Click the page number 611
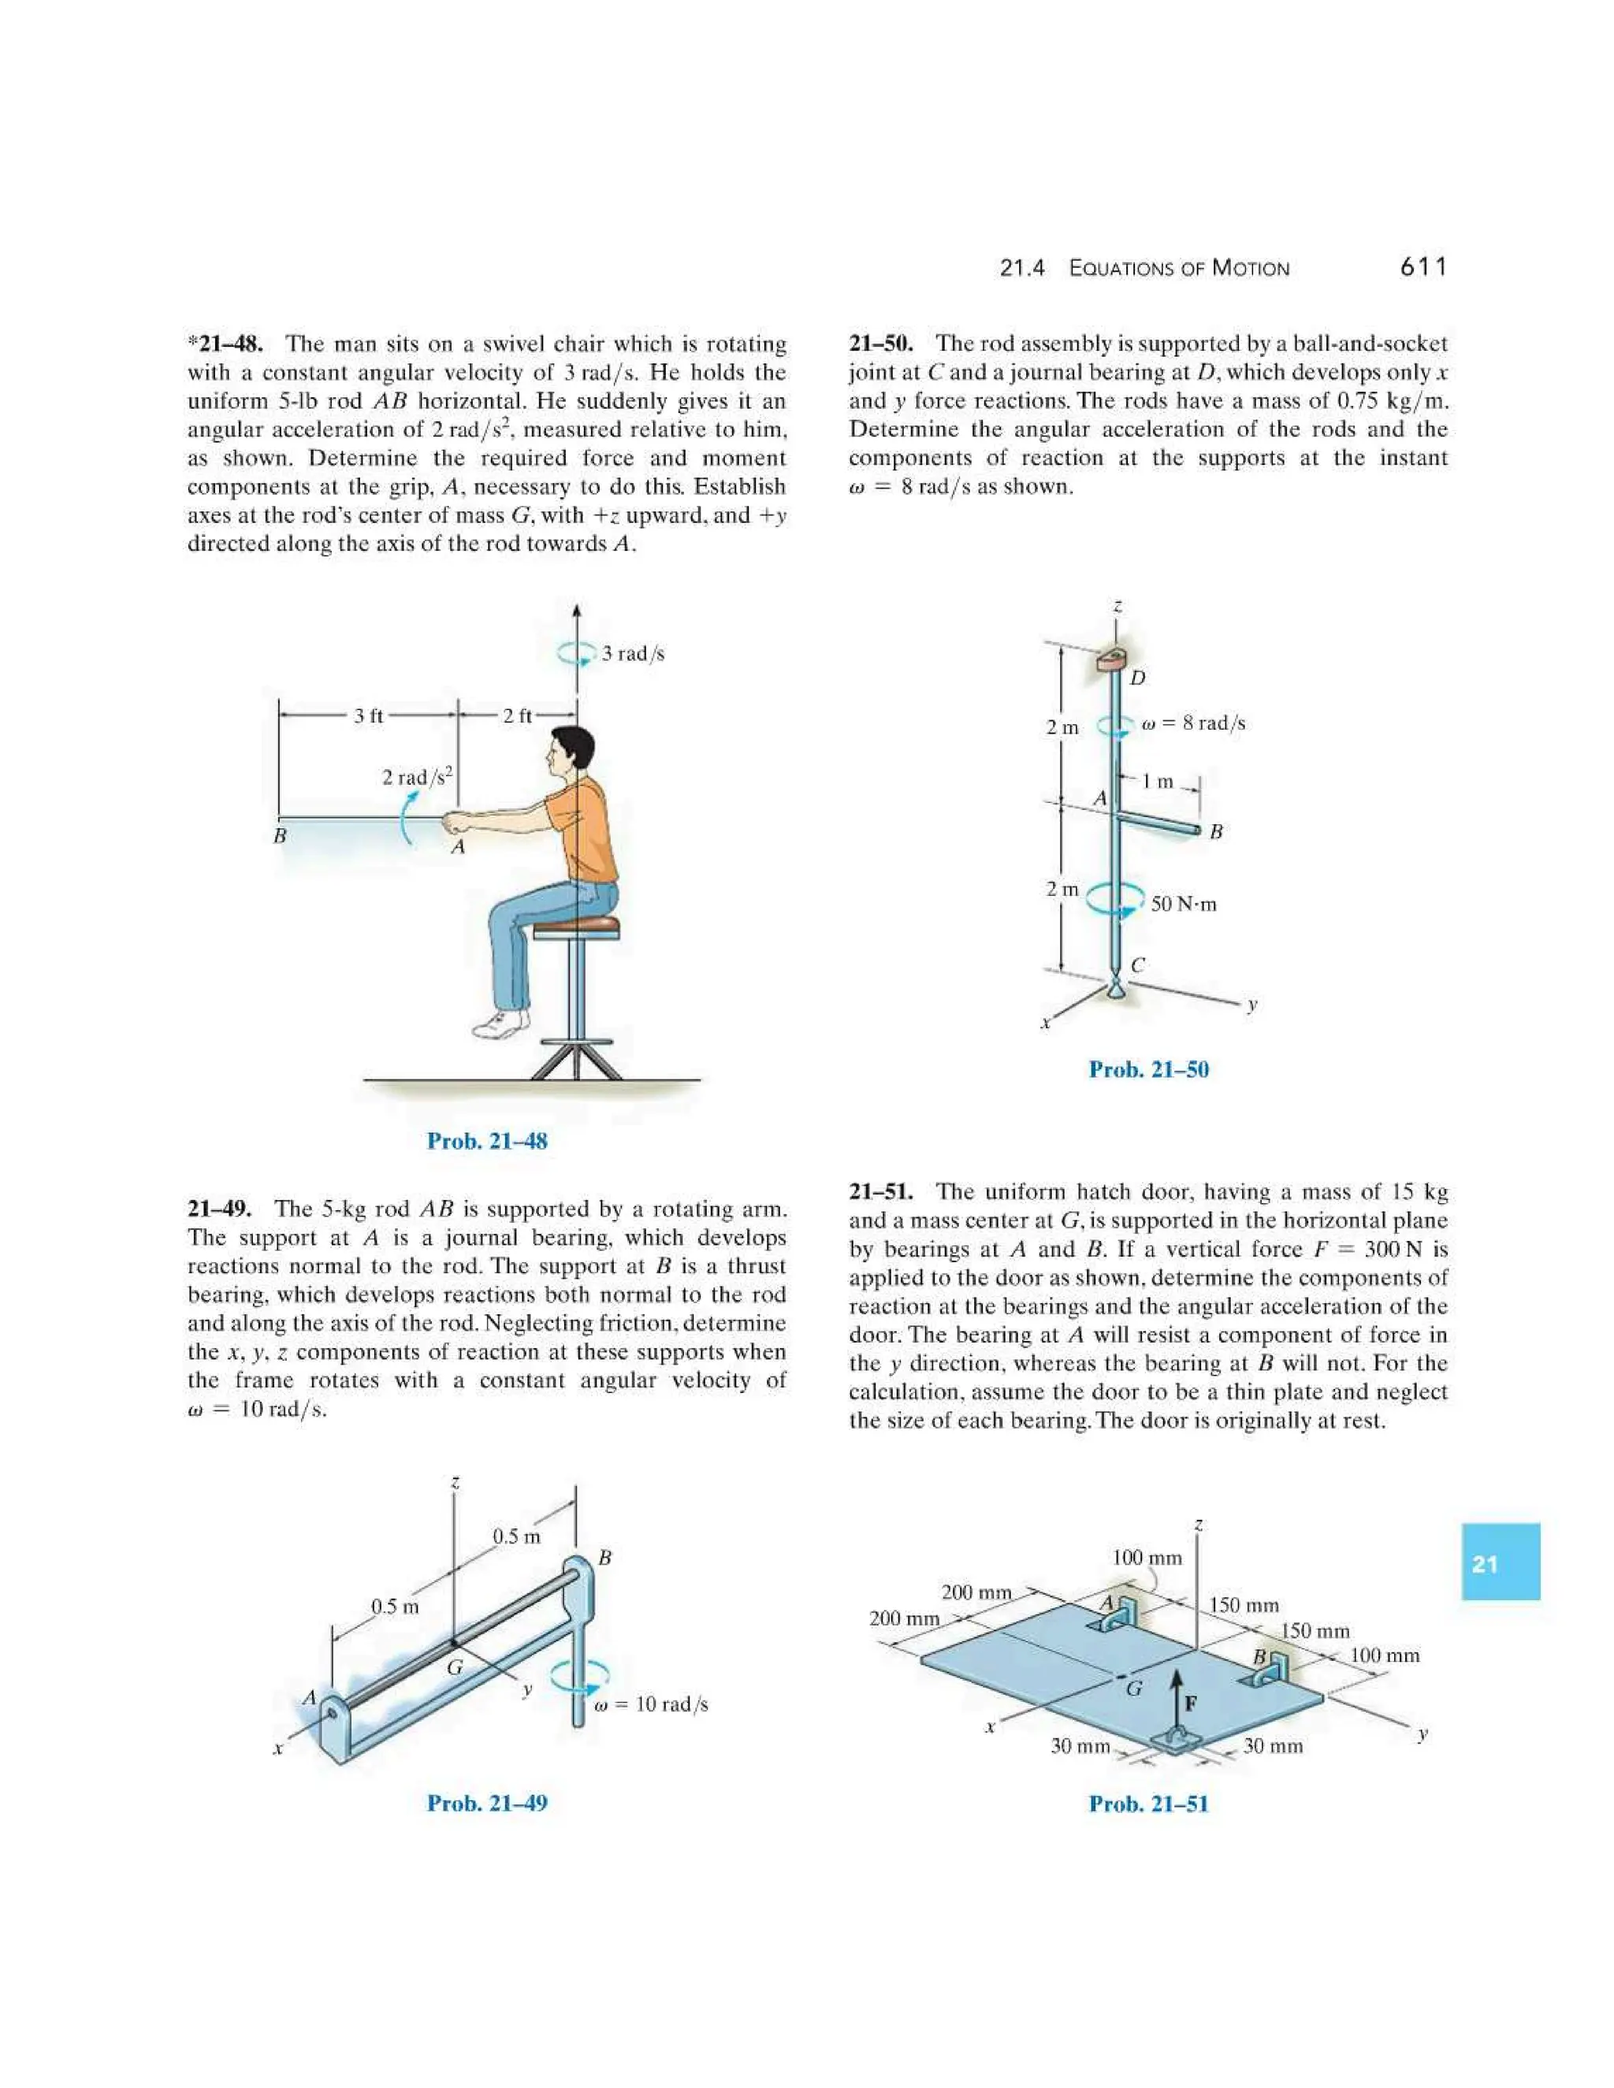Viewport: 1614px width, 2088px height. (x=1422, y=267)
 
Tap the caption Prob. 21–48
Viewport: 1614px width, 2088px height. (x=487, y=1141)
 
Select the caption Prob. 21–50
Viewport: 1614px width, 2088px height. (x=1148, y=1069)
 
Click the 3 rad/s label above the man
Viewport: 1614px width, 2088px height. (x=632, y=654)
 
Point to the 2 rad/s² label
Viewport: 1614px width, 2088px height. (x=417, y=776)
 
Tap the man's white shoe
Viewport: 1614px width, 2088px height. (x=500, y=1025)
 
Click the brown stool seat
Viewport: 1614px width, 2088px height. (x=575, y=924)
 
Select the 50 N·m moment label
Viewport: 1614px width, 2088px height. (x=1183, y=905)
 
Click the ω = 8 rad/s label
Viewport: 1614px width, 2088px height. (x=1193, y=724)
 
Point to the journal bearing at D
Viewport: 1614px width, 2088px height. (x=1112, y=659)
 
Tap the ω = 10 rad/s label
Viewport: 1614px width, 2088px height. (x=650, y=1704)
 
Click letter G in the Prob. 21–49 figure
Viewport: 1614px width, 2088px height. (x=456, y=1667)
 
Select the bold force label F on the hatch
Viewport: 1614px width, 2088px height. (x=1192, y=1703)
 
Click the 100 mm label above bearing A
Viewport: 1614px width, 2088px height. (x=1147, y=1558)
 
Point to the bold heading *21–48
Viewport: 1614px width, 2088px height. (x=223, y=344)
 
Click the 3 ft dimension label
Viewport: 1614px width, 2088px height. (x=368, y=716)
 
